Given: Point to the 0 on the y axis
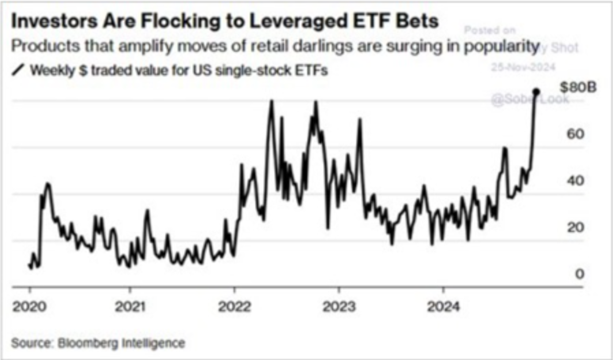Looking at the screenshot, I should click(x=565, y=274).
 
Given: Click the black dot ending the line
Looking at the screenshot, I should click(x=536, y=92).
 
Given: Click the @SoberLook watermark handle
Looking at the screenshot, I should click(x=530, y=99).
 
